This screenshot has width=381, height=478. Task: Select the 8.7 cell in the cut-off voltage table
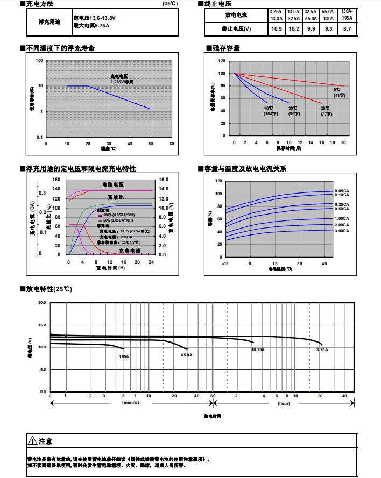[x=347, y=28]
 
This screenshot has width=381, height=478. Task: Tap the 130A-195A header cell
[x=347, y=15]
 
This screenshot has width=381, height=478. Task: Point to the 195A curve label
[x=124, y=356]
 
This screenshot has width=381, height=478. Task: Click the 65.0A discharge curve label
[x=187, y=355]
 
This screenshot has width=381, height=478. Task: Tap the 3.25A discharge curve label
[x=322, y=349]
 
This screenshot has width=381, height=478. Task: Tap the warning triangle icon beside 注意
[x=32, y=441]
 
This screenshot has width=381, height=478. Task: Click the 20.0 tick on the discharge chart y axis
[x=42, y=303]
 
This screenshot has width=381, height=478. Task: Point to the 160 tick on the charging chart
[x=57, y=179]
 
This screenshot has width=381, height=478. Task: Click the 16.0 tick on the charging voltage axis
[x=164, y=179]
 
